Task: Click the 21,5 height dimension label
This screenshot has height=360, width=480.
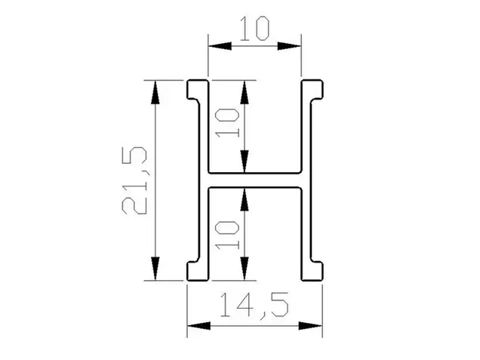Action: (x=134, y=180)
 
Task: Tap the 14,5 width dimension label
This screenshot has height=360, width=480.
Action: (x=254, y=305)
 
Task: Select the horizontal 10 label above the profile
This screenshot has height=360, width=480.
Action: (x=254, y=29)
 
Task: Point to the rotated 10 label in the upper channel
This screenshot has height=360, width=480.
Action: (x=227, y=123)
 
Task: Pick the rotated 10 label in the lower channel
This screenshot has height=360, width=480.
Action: (x=227, y=235)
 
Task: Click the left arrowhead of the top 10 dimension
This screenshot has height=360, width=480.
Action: (x=220, y=46)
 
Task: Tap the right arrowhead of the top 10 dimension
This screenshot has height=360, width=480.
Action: (x=289, y=46)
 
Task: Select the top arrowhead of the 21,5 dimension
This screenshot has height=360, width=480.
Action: (x=155, y=92)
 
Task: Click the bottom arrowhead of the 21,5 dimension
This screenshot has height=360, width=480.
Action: (x=155, y=269)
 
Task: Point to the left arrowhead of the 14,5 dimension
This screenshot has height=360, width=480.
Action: (x=198, y=326)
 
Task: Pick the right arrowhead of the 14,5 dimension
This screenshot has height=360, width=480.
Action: (x=310, y=326)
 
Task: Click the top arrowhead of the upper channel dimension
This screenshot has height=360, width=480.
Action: (x=245, y=92)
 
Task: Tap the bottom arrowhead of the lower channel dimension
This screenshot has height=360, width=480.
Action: (x=245, y=269)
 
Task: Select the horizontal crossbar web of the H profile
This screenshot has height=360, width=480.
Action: (x=254, y=180)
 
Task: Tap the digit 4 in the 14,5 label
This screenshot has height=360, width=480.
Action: (x=244, y=305)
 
